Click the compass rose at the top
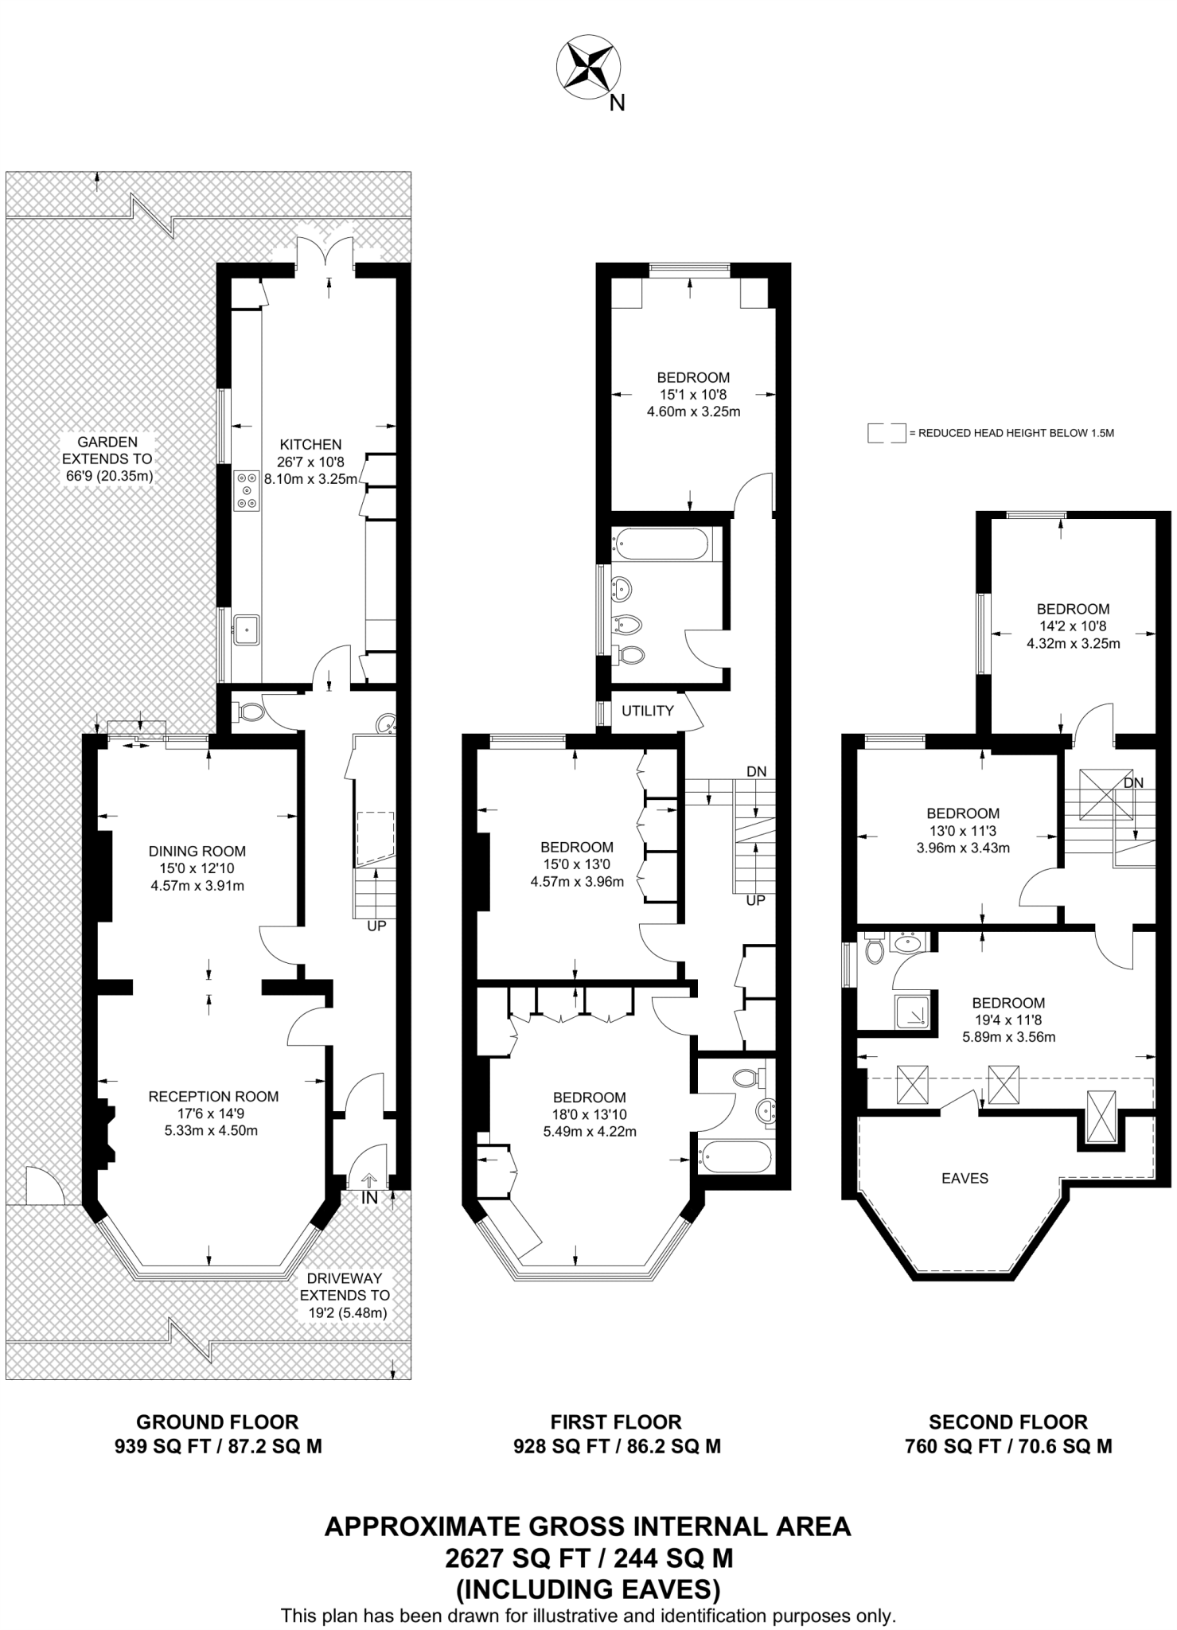tap(588, 69)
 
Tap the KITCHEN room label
tap(310, 444)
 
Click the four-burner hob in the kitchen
tap(246, 491)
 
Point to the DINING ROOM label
tap(197, 851)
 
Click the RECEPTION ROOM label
tap(213, 1096)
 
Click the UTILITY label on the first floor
tap(647, 711)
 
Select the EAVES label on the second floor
tap(965, 1178)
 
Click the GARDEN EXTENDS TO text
tap(107, 450)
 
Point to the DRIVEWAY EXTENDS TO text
tap(345, 1287)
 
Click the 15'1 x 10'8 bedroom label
tap(692, 394)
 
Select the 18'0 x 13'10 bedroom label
tap(590, 1114)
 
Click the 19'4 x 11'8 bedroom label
tap(1008, 1020)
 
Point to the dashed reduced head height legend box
tap(887, 433)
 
